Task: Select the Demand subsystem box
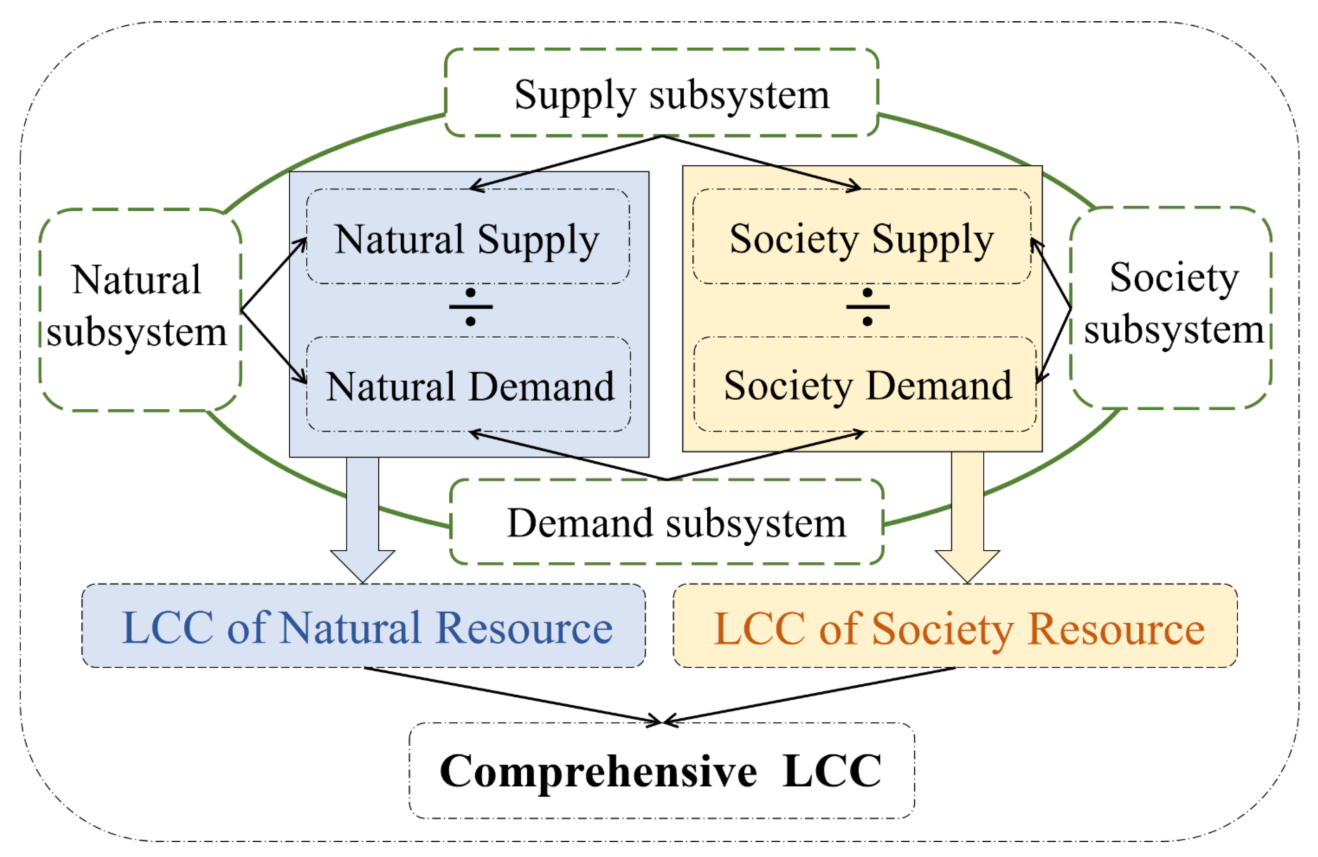666,522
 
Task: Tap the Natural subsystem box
140,310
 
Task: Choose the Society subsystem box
1170,308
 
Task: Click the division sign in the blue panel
470,307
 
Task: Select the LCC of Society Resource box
955,626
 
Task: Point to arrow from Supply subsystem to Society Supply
762,162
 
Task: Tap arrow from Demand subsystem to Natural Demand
568,455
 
